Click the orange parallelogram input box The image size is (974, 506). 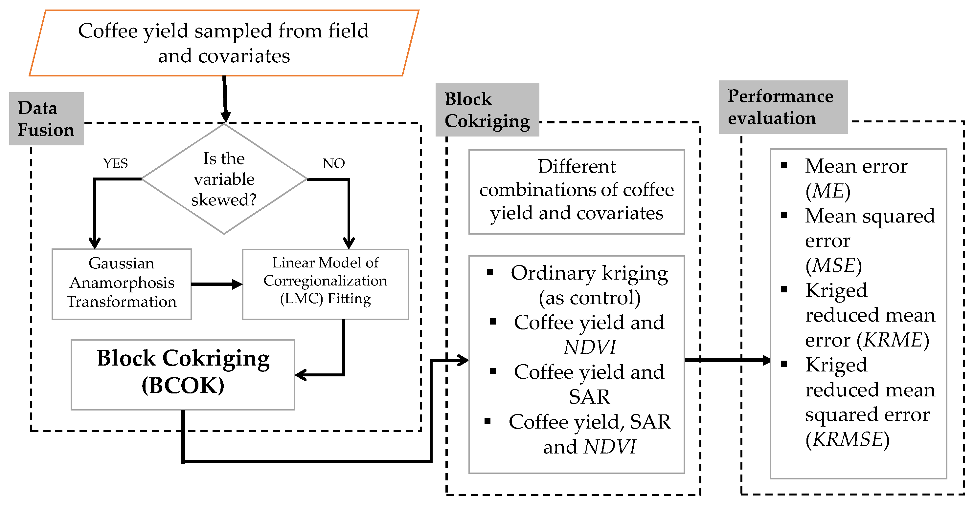pos(224,43)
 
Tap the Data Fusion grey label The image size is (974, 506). pos(46,118)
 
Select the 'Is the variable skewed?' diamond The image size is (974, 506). pos(224,179)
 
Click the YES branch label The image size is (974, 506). pos(115,163)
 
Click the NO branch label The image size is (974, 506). pos(333,163)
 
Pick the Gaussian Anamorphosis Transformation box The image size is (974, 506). pos(122,283)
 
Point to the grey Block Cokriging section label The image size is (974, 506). pos(487,110)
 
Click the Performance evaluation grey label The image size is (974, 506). pos(783,107)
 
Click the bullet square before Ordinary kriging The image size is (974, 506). pos(490,272)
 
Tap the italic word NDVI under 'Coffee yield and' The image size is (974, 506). pos(589,348)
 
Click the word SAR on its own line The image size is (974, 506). pos(589,397)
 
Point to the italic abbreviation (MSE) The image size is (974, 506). pos(833,265)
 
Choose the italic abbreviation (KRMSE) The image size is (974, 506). pos(847,439)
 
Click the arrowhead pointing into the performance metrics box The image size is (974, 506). pos(766,360)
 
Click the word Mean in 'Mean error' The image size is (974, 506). pos(824,166)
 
